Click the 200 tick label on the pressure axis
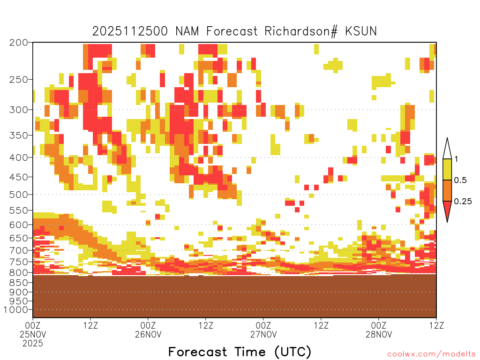[x=18, y=43]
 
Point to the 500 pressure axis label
[x=18, y=195]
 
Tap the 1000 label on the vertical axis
[x=15, y=310]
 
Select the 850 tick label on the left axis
[x=18, y=283]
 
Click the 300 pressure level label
[x=18, y=110]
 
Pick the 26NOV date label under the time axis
[x=148, y=334]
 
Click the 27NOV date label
[x=263, y=334]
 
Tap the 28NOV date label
[x=379, y=334]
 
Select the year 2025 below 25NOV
[x=33, y=344]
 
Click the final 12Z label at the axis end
[x=436, y=325]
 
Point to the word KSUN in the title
[x=361, y=31]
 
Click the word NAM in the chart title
[x=187, y=31]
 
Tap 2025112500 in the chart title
[x=130, y=31]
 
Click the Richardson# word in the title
[x=301, y=31]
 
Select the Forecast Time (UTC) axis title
[x=240, y=352]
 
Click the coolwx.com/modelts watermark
[x=431, y=354]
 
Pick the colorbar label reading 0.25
[x=463, y=202]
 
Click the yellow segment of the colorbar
[x=447, y=169]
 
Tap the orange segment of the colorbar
[x=447, y=190]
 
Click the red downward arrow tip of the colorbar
[x=447, y=222]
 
